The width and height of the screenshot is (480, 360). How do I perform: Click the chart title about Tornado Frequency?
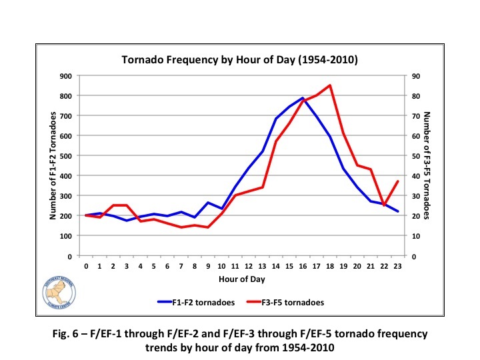(x=239, y=60)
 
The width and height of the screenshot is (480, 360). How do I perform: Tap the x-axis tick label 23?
(x=398, y=266)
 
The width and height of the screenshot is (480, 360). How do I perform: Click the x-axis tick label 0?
(x=86, y=266)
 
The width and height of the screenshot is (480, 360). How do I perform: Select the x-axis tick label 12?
(x=249, y=266)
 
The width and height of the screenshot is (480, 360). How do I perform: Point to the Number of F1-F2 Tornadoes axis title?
(x=53, y=165)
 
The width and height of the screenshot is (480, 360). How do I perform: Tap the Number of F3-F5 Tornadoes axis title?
(x=429, y=165)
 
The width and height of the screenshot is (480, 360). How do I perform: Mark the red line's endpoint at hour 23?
(x=398, y=181)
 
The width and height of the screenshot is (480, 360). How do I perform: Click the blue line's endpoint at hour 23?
(x=398, y=211)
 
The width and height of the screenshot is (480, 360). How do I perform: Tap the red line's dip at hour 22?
(x=385, y=205)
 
